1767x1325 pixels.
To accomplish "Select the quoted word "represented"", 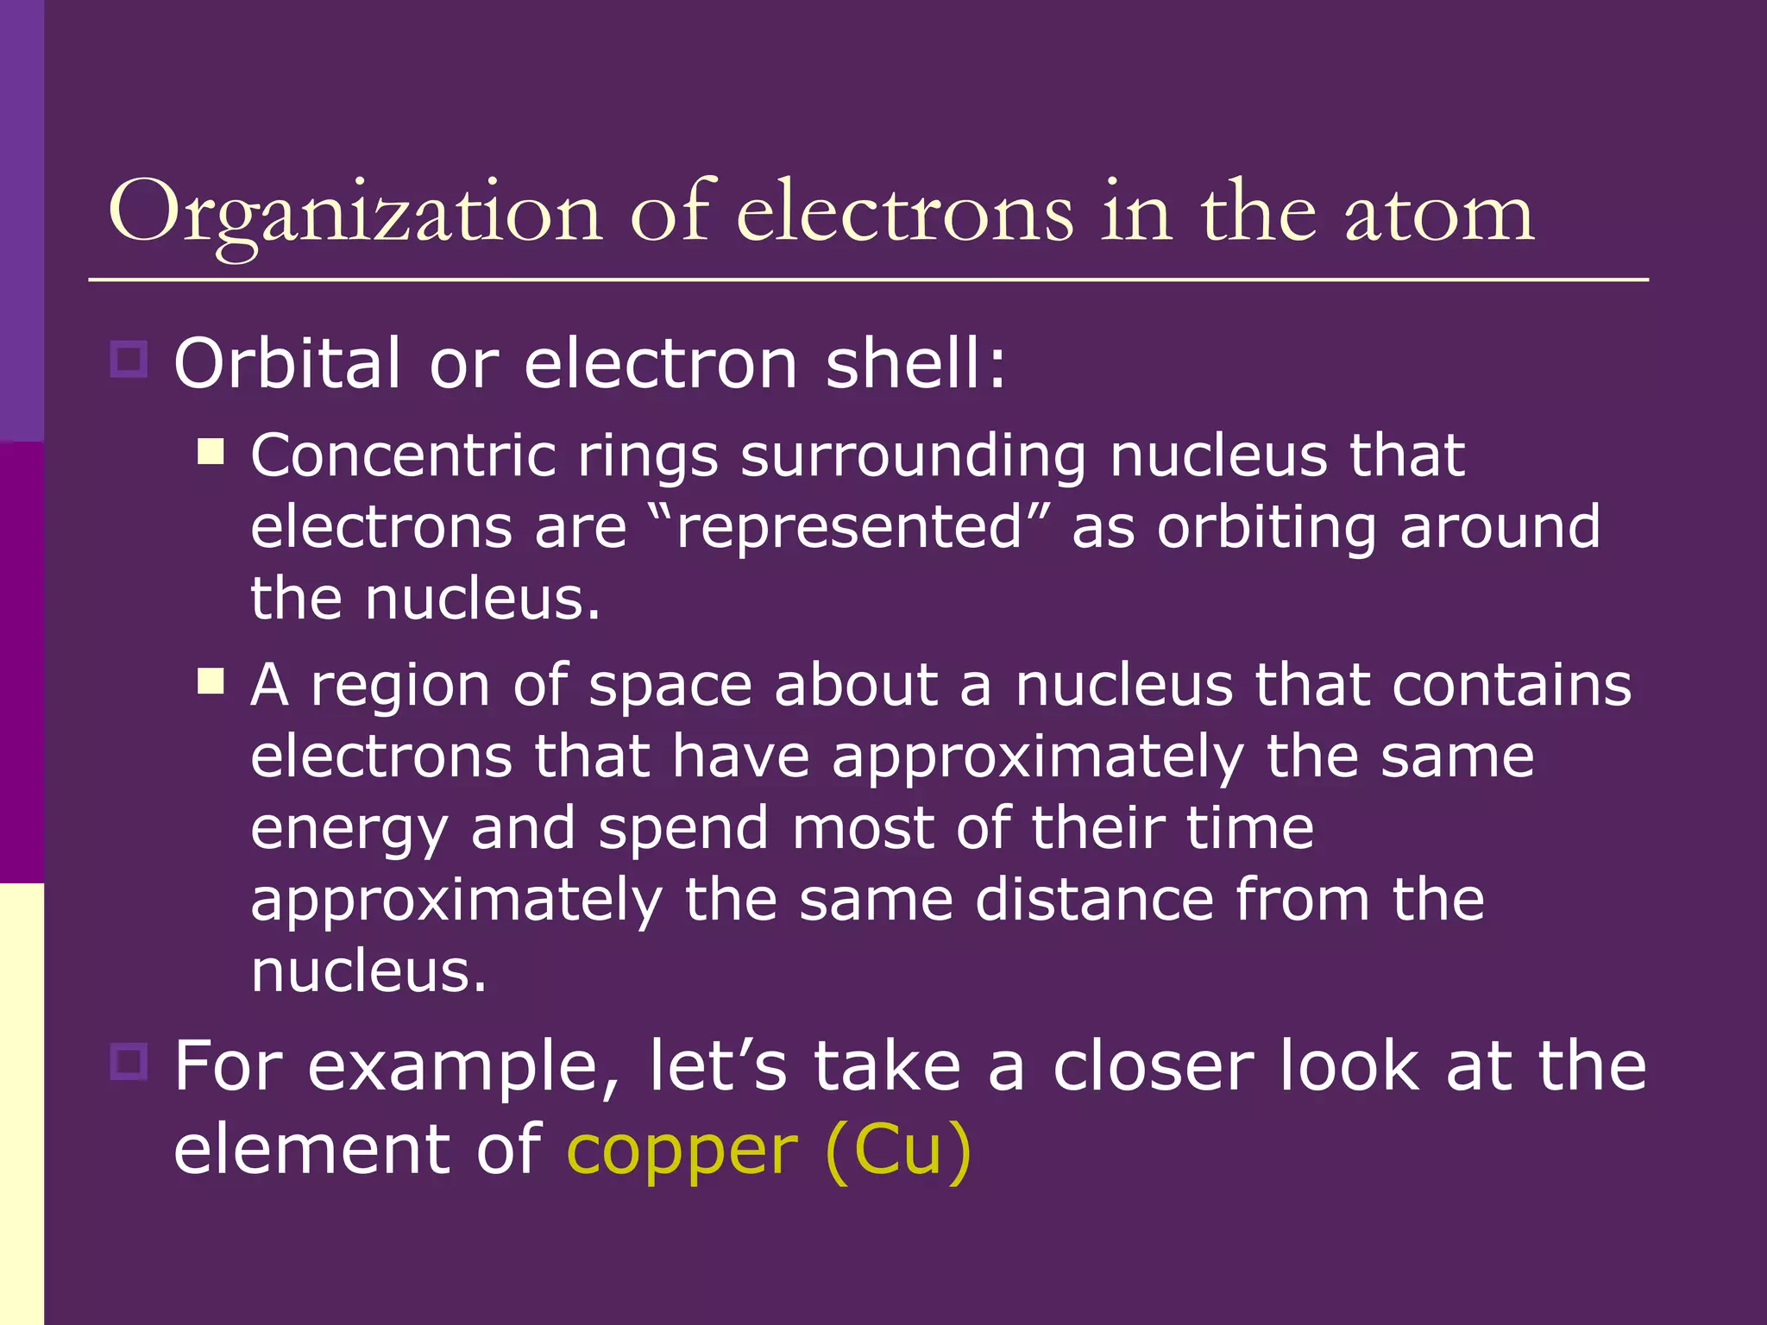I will [x=850, y=527].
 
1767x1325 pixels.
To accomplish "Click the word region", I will [x=401, y=687].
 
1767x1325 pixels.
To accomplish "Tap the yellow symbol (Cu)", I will [x=898, y=1149].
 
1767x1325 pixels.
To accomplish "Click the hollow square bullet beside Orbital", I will [x=129, y=358].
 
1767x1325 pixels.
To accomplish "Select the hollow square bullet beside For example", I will [x=129, y=1061].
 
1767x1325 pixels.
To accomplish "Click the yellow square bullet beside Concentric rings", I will [x=211, y=451].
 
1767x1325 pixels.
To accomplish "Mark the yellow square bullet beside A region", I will [x=211, y=681].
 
